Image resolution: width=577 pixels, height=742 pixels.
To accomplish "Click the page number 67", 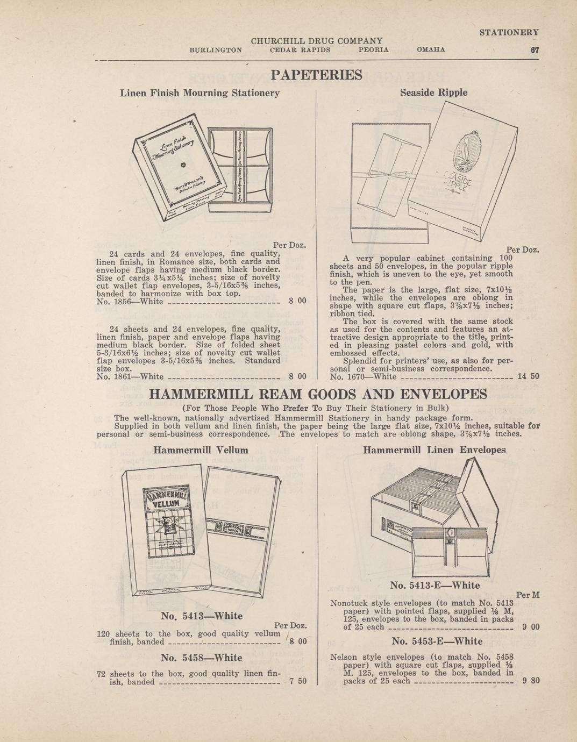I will tap(534, 49).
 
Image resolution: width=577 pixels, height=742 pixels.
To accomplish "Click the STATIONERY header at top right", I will tap(509, 32).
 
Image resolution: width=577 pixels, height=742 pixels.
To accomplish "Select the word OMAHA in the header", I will tap(431, 49).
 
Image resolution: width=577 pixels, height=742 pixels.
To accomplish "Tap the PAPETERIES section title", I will tap(316, 74).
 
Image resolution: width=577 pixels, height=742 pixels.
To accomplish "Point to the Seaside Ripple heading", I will tap(433, 92).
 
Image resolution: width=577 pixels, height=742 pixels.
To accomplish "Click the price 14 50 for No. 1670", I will tap(528, 376).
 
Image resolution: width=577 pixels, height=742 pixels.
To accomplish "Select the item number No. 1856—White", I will tap(129, 301).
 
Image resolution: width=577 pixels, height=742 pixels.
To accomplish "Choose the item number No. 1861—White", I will tap(129, 377).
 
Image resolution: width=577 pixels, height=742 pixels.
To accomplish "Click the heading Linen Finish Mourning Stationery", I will tap(200, 93).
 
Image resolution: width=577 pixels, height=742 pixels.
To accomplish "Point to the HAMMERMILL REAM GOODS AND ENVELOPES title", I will tap(317, 394).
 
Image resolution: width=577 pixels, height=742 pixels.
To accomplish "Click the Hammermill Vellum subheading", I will tap(201, 450).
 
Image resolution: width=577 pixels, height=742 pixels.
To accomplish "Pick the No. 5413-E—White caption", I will tap(434, 585).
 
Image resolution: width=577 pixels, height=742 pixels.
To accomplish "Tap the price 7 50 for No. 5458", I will tap(297, 681).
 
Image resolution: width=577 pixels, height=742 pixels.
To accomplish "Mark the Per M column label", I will tap(528, 595).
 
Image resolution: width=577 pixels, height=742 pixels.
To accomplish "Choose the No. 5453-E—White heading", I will tap(437, 641).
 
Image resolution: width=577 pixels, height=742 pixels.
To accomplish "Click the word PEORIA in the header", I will tap(373, 49).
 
